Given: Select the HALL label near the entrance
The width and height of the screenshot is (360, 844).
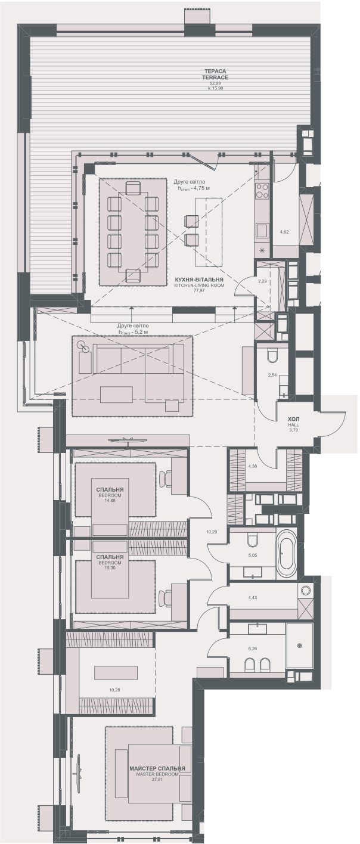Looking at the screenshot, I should pos(293,425).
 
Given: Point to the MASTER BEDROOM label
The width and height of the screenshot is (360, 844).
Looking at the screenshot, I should pos(157,774).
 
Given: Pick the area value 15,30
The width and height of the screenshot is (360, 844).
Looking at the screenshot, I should pos(110,568).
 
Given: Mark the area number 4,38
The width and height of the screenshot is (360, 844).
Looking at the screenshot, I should pos(252,466).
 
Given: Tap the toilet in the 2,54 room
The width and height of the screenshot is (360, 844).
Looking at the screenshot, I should pos(273,356).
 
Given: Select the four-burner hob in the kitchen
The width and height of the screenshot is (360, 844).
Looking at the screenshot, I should pos(262,191).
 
